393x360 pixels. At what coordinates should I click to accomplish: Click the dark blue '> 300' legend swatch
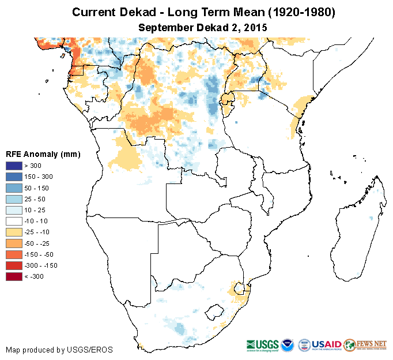point(14,166)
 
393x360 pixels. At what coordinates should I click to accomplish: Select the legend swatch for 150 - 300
point(14,177)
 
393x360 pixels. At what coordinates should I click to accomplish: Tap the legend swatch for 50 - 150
point(14,187)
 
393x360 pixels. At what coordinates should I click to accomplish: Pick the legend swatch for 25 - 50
point(14,198)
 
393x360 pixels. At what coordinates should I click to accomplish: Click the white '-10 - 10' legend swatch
point(14,221)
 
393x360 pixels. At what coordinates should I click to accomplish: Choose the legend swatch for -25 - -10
point(14,232)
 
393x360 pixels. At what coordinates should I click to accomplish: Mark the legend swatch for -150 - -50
point(14,254)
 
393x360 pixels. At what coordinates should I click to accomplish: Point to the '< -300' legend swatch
point(14,276)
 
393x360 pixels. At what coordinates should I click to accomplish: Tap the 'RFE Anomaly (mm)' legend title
point(43,154)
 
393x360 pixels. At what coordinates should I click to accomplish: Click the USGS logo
point(263,344)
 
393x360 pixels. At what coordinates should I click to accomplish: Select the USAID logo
point(326,344)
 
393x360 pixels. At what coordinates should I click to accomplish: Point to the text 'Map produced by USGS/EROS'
point(59,350)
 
